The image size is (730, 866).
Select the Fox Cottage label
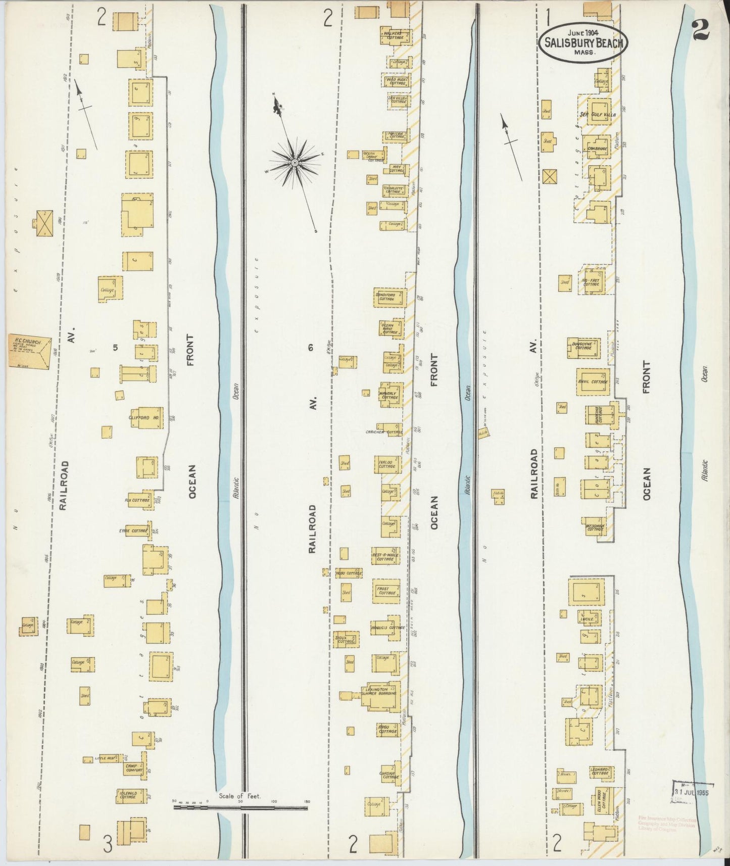point(137,500)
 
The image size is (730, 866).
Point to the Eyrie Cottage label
point(133,531)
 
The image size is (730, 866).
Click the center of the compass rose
point(294,162)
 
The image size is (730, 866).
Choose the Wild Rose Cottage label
point(398,81)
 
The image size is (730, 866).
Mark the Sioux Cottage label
point(345,639)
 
